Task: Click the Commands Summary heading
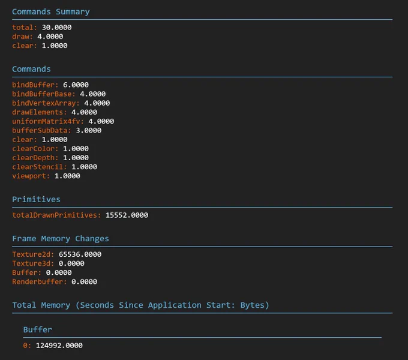tap(51, 12)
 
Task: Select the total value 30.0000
tap(57, 28)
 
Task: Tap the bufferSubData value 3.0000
tap(89, 130)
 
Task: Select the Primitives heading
tap(36, 199)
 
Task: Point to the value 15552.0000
tap(127, 215)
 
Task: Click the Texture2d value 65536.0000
tap(80, 254)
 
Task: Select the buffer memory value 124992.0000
tap(59, 346)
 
